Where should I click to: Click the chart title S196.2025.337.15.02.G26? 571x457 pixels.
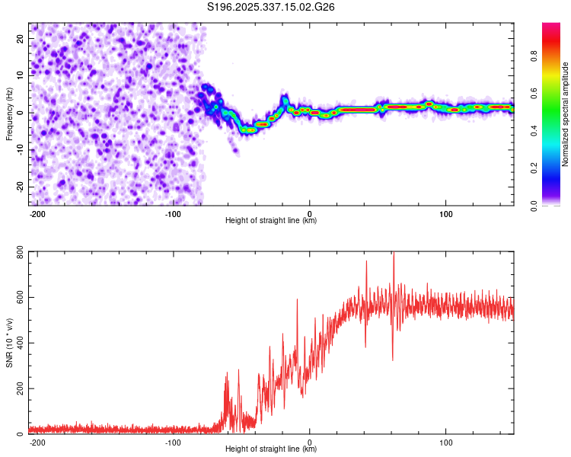[272, 7]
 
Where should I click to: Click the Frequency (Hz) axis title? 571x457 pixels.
[9, 114]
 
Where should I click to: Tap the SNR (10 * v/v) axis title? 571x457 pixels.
[9, 344]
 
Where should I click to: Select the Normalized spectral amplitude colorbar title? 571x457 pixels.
[566, 114]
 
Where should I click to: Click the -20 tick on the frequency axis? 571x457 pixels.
[19, 187]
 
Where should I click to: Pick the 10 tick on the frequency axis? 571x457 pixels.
[21, 75]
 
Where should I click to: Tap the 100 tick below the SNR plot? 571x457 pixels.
[446, 442]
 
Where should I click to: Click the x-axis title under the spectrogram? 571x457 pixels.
[271, 221]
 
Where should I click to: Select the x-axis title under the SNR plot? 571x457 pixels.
[271, 449]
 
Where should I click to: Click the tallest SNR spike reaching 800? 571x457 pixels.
[393, 256]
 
